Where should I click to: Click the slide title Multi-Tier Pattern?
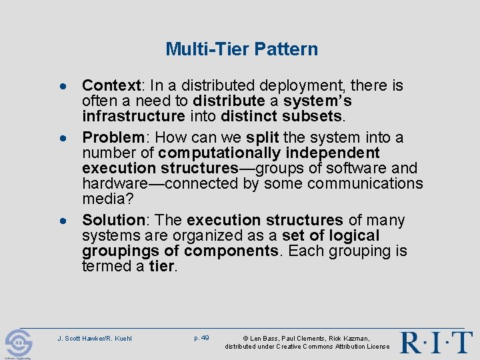coord(241,49)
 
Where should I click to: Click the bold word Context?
coord(111,86)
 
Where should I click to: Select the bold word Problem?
coord(113,138)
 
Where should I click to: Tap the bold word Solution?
coord(113,221)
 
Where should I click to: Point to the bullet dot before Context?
coord(62,87)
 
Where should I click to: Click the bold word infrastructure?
coord(133,117)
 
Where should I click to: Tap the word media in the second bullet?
coord(103,199)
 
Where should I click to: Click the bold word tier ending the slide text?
coord(162,267)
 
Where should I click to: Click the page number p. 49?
coord(201,338)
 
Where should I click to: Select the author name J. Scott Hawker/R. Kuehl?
coord(95,339)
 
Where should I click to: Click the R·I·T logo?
coord(436,341)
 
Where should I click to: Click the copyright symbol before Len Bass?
coord(245,339)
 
